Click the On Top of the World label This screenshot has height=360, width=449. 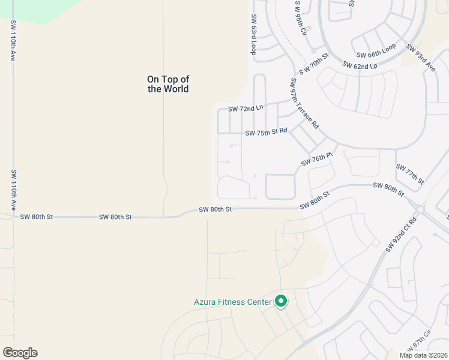[x=168, y=84]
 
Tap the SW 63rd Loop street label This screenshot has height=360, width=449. [x=254, y=35]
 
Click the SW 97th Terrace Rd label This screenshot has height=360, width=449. [x=304, y=104]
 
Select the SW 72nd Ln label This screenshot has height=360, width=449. [x=246, y=109]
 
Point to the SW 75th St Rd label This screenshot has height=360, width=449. [x=266, y=133]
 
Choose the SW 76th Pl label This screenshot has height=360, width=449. [x=316, y=160]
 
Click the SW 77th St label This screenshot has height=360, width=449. [x=410, y=172]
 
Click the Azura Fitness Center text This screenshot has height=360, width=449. [x=232, y=302]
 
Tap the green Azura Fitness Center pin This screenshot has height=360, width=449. [x=281, y=301]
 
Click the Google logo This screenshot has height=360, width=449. [x=20, y=353]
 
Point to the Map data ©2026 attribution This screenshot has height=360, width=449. [x=423, y=355]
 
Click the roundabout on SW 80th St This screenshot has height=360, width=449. [x=420, y=209]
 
